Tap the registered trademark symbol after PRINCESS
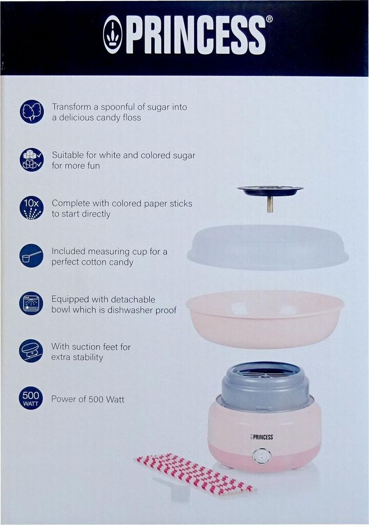pyautogui.click(x=269, y=19)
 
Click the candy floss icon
pyautogui.click(x=31, y=111)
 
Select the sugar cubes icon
pyautogui.click(x=31, y=160)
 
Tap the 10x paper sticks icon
pyautogui.click(x=31, y=208)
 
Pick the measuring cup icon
pyautogui.click(x=31, y=256)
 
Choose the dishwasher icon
pyautogui.click(x=31, y=304)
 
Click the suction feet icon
pyautogui.click(x=31, y=351)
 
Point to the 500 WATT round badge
pyautogui.click(x=31, y=398)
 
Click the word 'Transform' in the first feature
pyautogui.click(x=71, y=107)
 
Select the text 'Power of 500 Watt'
pyautogui.click(x=88, y=399)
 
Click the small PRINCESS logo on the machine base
pyautogui.click(x=261, y=437)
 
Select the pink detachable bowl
pyautogui.click(x=265, y=319)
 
